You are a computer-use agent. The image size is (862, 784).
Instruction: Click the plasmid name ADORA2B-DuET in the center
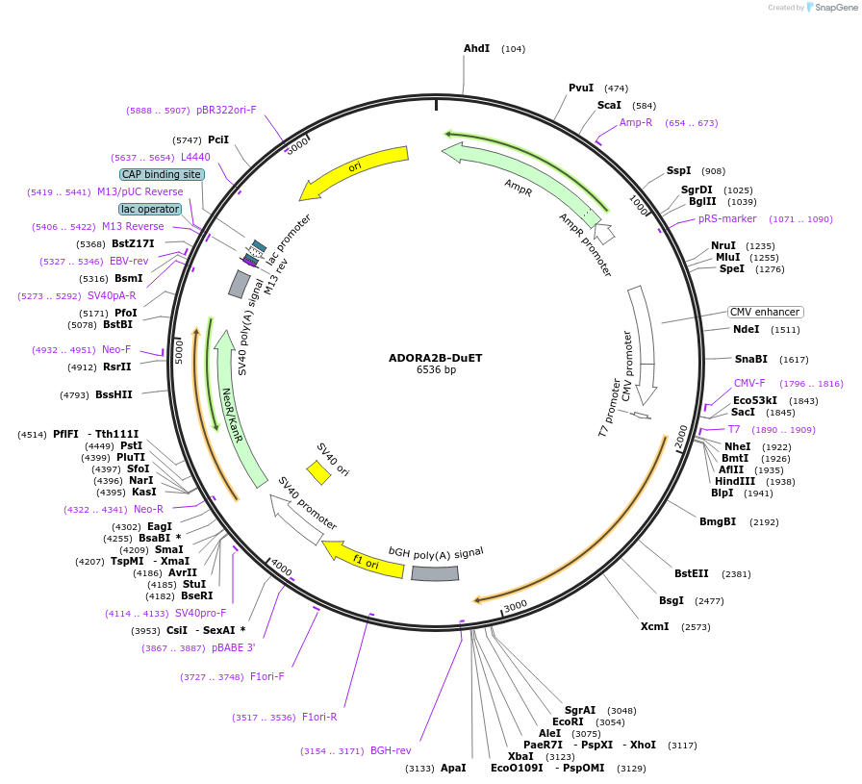[435, 358]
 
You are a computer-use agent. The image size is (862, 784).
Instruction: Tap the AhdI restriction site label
[476, 48]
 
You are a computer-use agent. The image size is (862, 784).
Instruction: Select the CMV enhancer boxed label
[765, 312]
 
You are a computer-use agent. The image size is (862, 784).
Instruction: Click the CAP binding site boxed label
[162, 174]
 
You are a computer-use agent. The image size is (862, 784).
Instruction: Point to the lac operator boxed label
[150, 209]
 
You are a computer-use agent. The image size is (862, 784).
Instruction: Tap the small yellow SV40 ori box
[318, 472]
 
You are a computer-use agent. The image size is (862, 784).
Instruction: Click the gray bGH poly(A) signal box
[435, 573]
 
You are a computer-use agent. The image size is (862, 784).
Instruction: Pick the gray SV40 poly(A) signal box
[240, 284]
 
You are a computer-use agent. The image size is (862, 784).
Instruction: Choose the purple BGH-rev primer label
[391, 750]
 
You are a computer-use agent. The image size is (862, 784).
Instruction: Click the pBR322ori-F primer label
[226, 110]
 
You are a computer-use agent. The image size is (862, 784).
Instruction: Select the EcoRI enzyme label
[568, 721]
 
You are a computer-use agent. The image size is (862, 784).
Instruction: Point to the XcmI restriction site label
[654, 626]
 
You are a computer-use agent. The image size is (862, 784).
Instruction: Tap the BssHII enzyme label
[114, 394]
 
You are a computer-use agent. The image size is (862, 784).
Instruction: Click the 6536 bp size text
[436, 370]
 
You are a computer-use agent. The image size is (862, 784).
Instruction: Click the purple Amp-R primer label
[635, 122]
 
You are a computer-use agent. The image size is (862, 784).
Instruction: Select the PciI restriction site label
[218, 139]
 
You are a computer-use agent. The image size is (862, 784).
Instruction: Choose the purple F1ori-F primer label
[267, 676]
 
